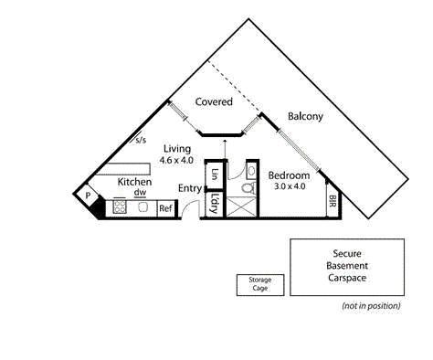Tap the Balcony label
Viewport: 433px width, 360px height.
(x=303, y=116)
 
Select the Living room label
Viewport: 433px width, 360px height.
(x=177, y=148)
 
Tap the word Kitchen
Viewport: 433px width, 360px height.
(x=133, y=182)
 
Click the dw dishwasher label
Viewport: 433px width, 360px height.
(x=140, y=193)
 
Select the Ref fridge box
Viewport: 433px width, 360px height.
(x=165, y=208)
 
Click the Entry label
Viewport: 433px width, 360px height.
(x=190, y=188)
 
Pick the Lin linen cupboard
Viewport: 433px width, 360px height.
(x=215, y=174)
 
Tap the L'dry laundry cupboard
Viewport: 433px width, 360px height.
(x=214, y=203)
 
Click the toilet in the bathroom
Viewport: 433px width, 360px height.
(x=245, y=188)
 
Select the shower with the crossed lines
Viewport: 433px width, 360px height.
(x=241, y=208)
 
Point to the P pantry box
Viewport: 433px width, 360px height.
(x=89, y=195)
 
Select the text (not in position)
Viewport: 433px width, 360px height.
(x=371, y=305)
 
